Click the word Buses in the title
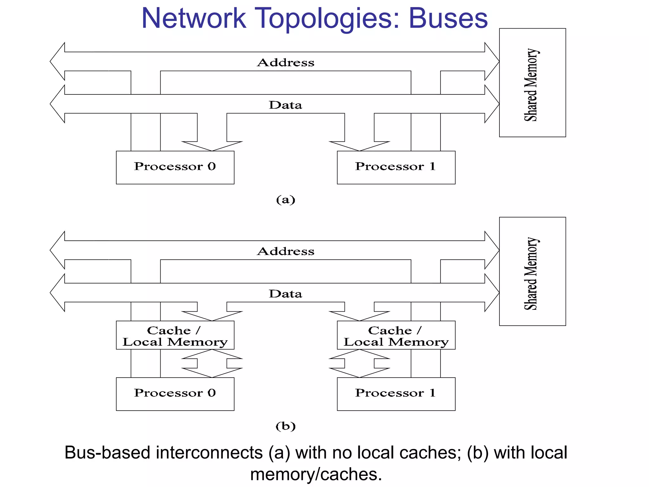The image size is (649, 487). coord(448,18)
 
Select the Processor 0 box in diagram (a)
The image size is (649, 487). coord(175,167)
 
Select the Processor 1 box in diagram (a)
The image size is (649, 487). coord(396,167)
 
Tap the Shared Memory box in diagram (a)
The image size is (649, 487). coord(532,83)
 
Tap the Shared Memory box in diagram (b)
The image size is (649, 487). coord(532,271)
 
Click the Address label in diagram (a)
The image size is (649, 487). coord(286,62)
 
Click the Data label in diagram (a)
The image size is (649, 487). coord(286,105)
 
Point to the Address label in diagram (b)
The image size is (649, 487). coord(286,251)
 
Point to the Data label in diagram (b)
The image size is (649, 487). coord(286,294)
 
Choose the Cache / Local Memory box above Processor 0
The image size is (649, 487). coord(175,335)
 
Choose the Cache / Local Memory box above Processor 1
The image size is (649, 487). coord(396,335)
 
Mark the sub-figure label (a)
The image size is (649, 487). coord(286,200)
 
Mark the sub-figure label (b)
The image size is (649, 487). coord(286,426)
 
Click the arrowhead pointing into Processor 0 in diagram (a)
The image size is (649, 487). coord(212,146)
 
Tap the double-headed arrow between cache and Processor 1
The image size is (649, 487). coord(359,363)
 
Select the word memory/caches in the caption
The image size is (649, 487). coord(316,475)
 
